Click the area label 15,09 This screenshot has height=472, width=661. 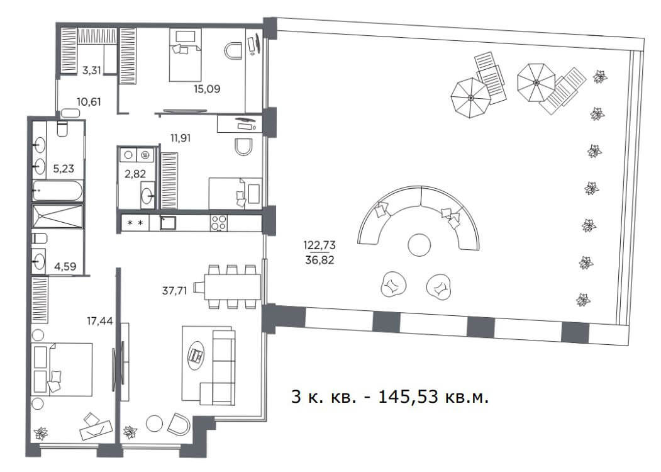[x=206, y=89]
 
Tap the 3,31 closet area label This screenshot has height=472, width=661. [x=91, y=70]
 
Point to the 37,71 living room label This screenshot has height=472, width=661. [x=174, y=291]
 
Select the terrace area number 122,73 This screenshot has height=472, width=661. [x=319, y=245]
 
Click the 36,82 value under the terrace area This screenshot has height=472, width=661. [x=319, y=261]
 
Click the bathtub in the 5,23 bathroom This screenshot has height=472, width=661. [x=58, y=191]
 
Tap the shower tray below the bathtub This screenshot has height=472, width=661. [x=58, y=217]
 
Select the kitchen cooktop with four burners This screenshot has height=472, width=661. [x=219, y=223]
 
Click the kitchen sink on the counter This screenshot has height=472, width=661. [x=167, y=223]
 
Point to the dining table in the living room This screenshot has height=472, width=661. [x=232, y=287]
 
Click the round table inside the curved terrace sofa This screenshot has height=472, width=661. [x=419, y=245]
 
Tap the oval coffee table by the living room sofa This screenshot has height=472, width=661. [x=196, y=355]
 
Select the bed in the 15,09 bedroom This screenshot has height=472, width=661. [x=186, y=55]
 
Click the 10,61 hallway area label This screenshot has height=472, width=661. [x=89, y=102]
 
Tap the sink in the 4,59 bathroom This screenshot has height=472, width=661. [x=39, y=262]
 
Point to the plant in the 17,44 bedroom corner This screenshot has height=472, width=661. [x=41, y=433]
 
